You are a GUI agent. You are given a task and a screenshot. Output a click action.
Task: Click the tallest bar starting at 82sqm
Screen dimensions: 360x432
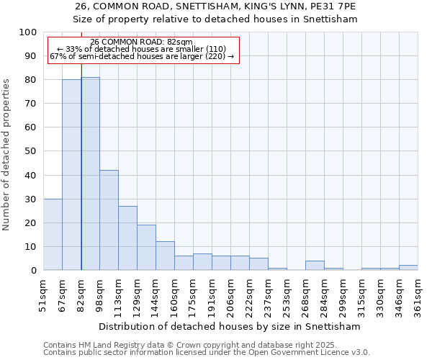pos(91,174)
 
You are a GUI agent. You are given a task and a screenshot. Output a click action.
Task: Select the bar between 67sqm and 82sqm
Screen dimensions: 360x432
pos(71,175)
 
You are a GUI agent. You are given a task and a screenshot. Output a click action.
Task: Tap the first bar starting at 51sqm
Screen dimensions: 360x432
pos(53,234)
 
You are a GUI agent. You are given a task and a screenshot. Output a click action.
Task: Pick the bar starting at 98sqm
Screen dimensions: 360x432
pos(109,220)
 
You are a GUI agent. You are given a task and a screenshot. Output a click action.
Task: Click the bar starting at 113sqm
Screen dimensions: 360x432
pos(127,238)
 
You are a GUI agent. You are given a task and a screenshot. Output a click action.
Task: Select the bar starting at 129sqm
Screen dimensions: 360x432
pos(146,248)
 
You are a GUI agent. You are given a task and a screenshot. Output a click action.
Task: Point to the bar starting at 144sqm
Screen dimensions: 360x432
pos(165,256)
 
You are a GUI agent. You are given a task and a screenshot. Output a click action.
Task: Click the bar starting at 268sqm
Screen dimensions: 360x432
pos(315,266)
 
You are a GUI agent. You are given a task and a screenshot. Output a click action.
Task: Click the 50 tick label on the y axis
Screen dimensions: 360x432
pos(31,151)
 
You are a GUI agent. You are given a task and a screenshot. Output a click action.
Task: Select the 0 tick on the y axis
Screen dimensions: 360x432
pos(34,271)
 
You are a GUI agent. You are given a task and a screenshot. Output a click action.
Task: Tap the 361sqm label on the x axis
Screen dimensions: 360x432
pos(418,296)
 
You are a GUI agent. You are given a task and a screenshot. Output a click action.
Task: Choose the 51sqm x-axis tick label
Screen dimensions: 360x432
pos(44,296)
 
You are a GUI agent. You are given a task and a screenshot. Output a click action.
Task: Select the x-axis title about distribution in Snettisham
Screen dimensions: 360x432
pos(230,326)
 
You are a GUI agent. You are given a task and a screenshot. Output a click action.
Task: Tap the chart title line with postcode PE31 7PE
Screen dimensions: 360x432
pos(216,6)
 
